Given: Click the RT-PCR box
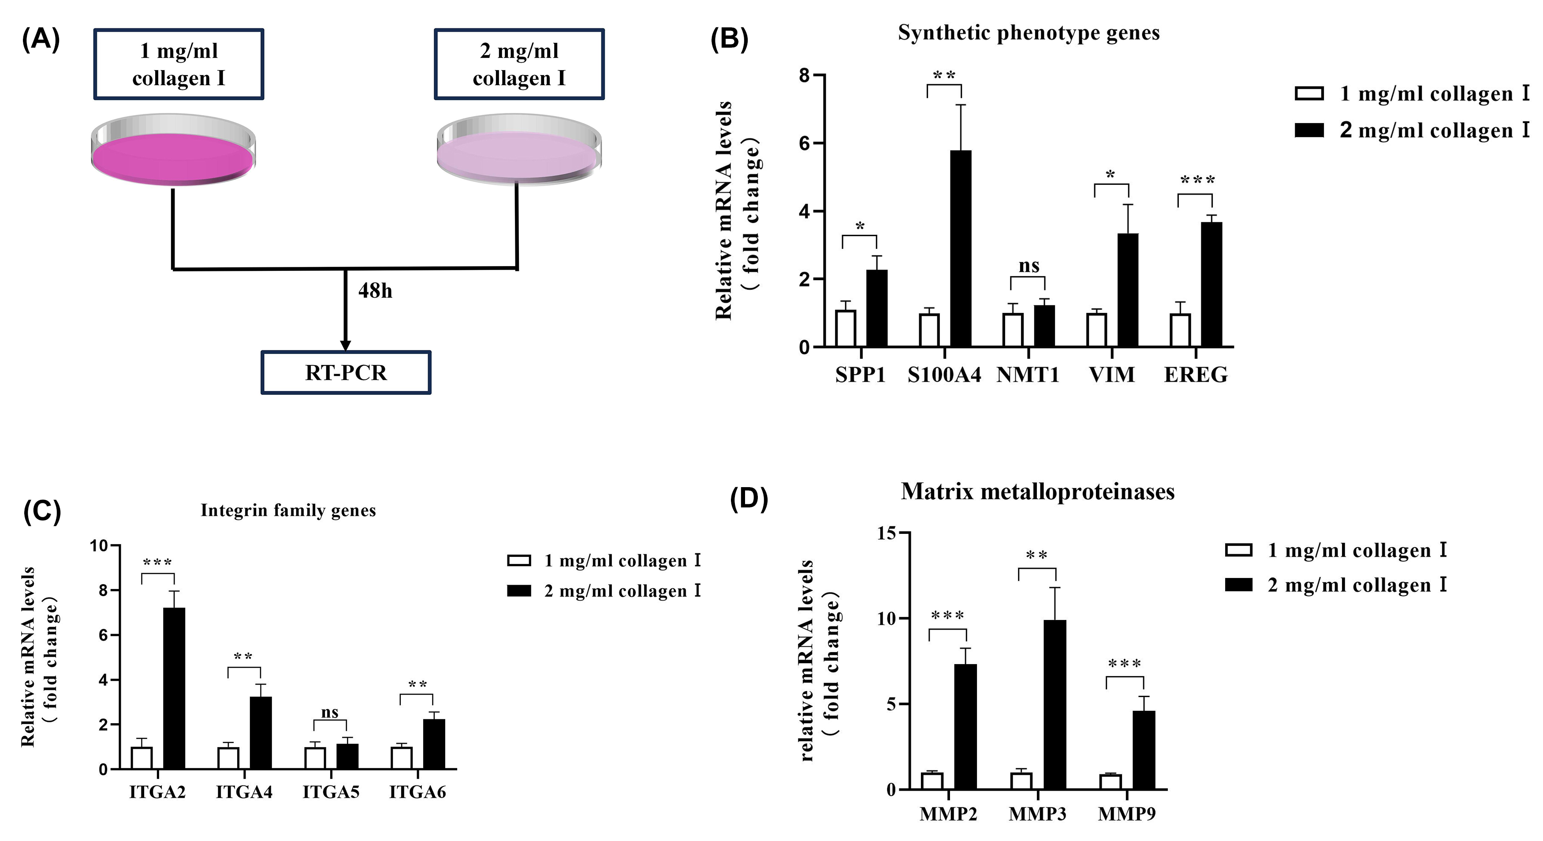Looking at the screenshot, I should [346, 372].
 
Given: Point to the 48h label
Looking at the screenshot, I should [375, 291].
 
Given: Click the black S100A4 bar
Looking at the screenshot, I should [961, 249].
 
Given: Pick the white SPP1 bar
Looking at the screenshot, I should [846, 328].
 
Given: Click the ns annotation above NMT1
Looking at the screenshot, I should [1029, 266].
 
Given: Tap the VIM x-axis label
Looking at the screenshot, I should [1112, 375].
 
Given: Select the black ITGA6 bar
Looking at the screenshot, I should [434, 744].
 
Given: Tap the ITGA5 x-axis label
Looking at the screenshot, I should [331, 792].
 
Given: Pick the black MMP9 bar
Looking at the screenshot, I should [1144, 750].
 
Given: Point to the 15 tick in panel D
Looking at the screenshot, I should [886, 533].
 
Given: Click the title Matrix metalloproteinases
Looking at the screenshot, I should [1037, 492].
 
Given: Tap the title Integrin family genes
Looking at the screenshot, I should [288, 510].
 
